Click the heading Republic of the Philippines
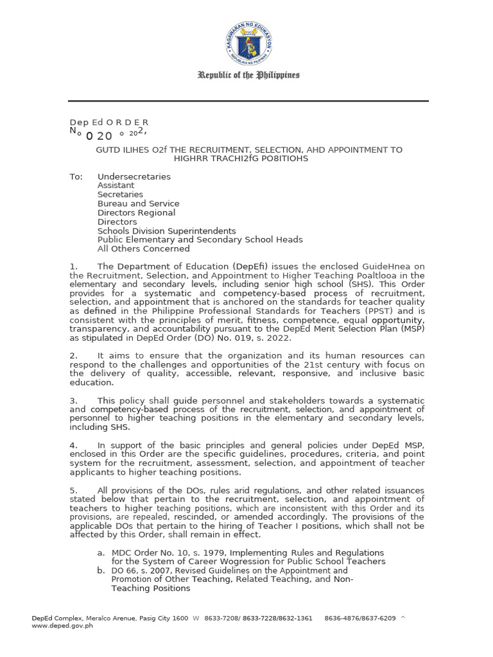(248, 76)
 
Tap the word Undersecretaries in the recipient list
(134, 176)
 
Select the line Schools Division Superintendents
(166, 231)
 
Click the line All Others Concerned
(144, 249)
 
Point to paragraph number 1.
(73, 266)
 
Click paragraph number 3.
(73, 400)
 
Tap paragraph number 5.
(73, 491)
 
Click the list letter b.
(101, 570)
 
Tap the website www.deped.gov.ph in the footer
(62, 626)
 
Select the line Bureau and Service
(138, 203)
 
